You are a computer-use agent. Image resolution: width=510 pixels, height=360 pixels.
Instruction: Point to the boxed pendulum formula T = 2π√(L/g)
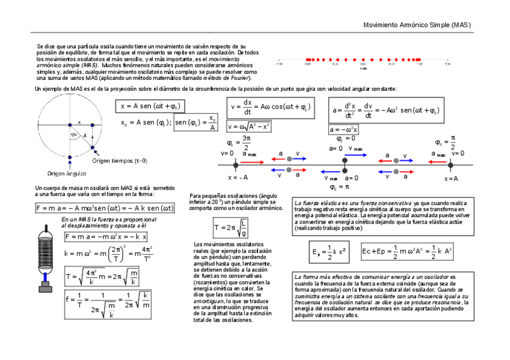click(230, 228)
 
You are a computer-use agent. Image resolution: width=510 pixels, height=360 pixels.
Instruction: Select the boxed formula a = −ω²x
click(343, 129)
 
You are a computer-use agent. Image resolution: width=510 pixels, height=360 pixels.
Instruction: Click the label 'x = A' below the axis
click(451, 178)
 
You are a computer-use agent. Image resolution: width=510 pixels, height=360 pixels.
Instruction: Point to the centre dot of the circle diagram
click(70, 125)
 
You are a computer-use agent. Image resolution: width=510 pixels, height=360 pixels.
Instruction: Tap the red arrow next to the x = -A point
click(254, 162)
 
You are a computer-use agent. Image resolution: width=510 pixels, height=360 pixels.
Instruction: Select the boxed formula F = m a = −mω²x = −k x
click(105, 236)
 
